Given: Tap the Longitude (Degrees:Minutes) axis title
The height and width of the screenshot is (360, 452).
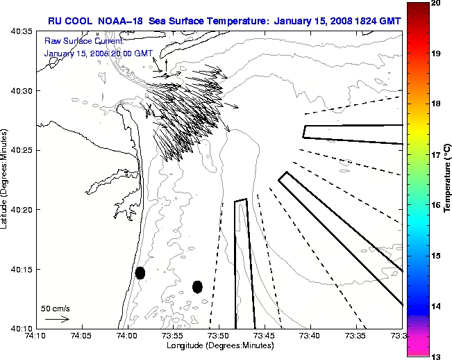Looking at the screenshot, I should [x=219, y=345].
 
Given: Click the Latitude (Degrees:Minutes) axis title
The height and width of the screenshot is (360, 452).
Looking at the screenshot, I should [x=6, y=179].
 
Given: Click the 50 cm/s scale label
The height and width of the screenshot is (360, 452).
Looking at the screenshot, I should [x=56, y=308].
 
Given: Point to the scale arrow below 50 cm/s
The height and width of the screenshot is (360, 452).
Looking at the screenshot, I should [x=56, y=319].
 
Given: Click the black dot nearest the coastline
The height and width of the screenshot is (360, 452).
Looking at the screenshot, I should [x=140, y=272].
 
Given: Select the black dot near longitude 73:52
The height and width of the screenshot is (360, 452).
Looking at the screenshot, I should [x=197, y=286].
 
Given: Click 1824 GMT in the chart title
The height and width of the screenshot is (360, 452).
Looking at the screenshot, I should [x=374, y=19].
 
